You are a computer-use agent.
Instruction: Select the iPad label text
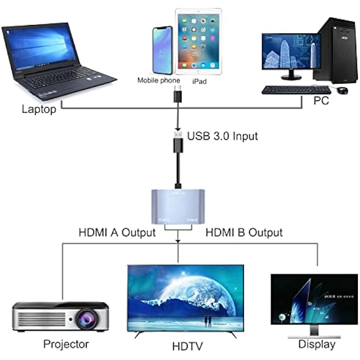coord(199,82)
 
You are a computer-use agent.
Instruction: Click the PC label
coord(320,100)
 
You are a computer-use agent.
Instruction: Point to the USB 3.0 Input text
coord(222,136)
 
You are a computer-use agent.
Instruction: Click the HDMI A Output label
coord(117,232)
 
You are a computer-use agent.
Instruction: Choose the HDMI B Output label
coord(244,232)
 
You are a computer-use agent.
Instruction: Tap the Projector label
coord(66,344)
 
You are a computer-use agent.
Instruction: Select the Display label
coord(317,345)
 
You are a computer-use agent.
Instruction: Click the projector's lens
coord(85,318)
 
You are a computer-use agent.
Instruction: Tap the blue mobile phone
coord(161,51)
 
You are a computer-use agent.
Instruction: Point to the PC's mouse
coord(343,91)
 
